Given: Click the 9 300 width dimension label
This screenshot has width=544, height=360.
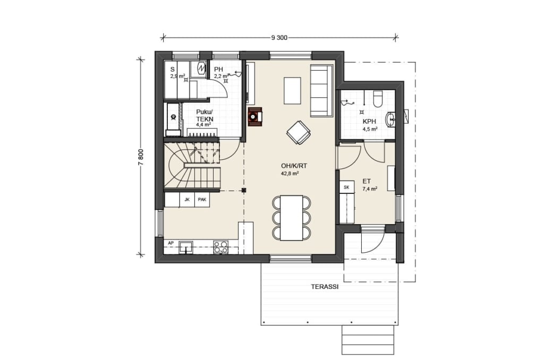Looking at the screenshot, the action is [x=279, y=38].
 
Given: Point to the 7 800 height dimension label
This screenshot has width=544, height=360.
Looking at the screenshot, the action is [x=140, y=157].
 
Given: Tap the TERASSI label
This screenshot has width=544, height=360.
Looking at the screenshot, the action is [x=325, y=287].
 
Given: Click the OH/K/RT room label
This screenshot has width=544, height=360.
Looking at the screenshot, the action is [x=294, y=166].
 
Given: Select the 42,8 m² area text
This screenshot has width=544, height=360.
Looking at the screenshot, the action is [x=290, y=174].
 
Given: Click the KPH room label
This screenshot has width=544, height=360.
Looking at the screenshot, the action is [x=370, y=122].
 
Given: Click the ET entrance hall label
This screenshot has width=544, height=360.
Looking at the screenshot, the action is [x=367, y=182].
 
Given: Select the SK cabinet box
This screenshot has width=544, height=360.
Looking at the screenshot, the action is [x=346, y=187].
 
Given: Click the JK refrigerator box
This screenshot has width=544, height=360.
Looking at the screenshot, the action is [x=187, y=200].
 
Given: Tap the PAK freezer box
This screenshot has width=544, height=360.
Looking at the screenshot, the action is [x=202, y=200].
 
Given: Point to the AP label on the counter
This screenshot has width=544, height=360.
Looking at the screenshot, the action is [x=171, y=243].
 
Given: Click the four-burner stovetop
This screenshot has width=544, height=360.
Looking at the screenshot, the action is [x=220, y=247].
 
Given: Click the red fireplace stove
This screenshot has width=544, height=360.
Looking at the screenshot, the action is [x=255, y=117].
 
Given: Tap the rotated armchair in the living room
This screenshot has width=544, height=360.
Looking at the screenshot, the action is [x=299, y=132].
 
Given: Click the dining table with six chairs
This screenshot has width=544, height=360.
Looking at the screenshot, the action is [x=292, y=218].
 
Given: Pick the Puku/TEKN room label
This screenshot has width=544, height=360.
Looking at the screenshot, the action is [x=205, y=115].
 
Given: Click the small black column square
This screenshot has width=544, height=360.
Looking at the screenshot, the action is [x=244, y=190].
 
